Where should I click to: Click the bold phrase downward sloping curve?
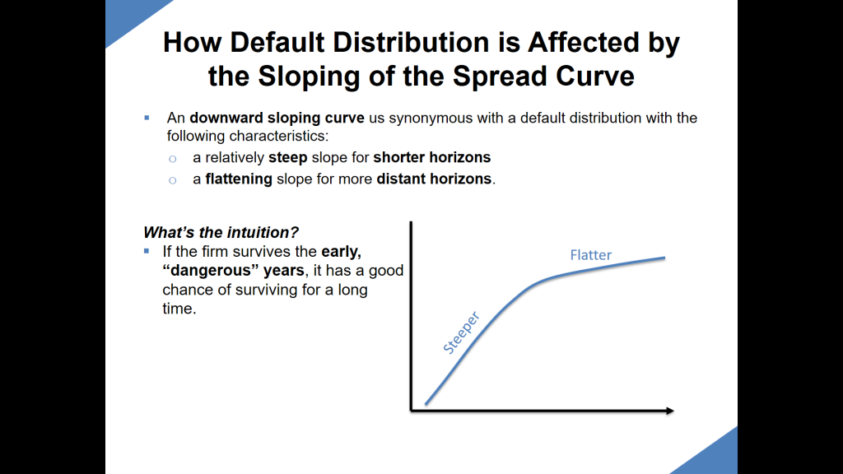point(277,118)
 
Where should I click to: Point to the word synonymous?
point(428,118)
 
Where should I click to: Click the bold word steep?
point(288,157)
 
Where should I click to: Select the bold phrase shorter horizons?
point(431,157)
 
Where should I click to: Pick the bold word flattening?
point(239,179)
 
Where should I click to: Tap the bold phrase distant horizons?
point(434,179)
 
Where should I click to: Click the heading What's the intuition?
point(221,232)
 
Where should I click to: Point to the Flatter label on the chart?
point(590,255)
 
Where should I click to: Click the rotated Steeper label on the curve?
point(461,333)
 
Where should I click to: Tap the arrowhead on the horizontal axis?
point(669,410)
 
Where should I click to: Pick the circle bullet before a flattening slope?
point(172,179)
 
